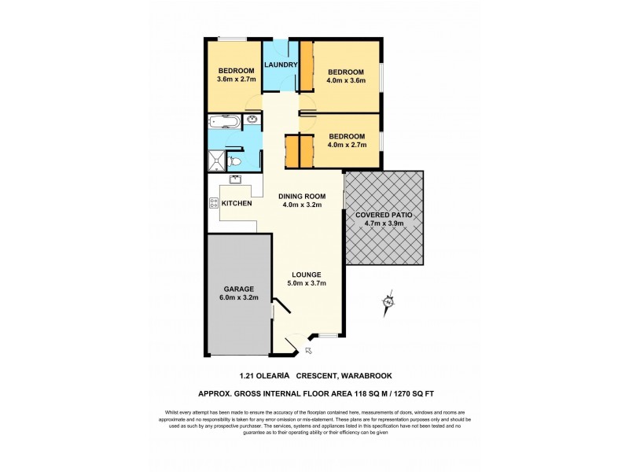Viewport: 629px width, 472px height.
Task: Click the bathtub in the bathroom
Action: click(226, 122)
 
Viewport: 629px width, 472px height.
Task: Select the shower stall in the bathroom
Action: click(215, 161)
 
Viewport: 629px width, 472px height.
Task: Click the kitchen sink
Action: click(234, 180)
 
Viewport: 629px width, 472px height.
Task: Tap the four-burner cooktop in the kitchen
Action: click(213, 203)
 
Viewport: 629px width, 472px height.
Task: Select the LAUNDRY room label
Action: click(281, 65)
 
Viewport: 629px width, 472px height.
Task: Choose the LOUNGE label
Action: click(306, 274)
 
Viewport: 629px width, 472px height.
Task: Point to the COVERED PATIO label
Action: click(384, 214)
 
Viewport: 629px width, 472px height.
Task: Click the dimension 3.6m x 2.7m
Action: click(236, 79)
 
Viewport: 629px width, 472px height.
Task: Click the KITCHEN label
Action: click(237, 203)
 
